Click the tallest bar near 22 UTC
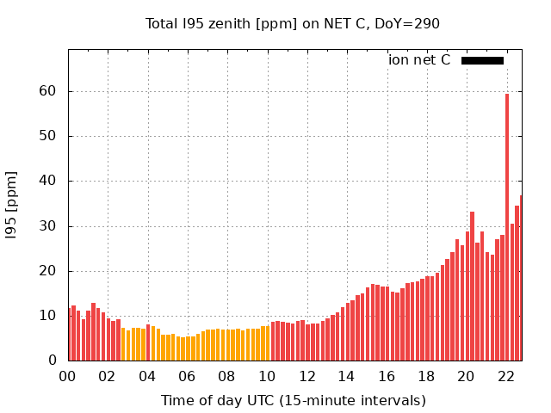[507, 227]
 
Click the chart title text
[293, 23]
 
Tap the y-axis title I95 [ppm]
[12, 205]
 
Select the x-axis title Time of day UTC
[293, 400]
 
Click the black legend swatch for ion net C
[482, 60]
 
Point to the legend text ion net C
[419, 60]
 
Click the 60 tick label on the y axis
[47, 91]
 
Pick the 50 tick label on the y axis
[47, 136]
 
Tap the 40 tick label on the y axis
[47, 181]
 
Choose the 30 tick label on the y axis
[47, 226]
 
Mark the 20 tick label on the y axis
[47, 271]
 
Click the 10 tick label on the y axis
[47, 316]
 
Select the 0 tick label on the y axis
[53, 361]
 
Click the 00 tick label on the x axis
[68, 376]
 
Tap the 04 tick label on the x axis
[147, 376]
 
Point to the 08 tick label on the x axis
[227, 376]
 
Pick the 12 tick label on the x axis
[307, 376]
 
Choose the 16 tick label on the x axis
[387, 376]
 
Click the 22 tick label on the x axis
[506, 376]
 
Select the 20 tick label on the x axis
[467, 376]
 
